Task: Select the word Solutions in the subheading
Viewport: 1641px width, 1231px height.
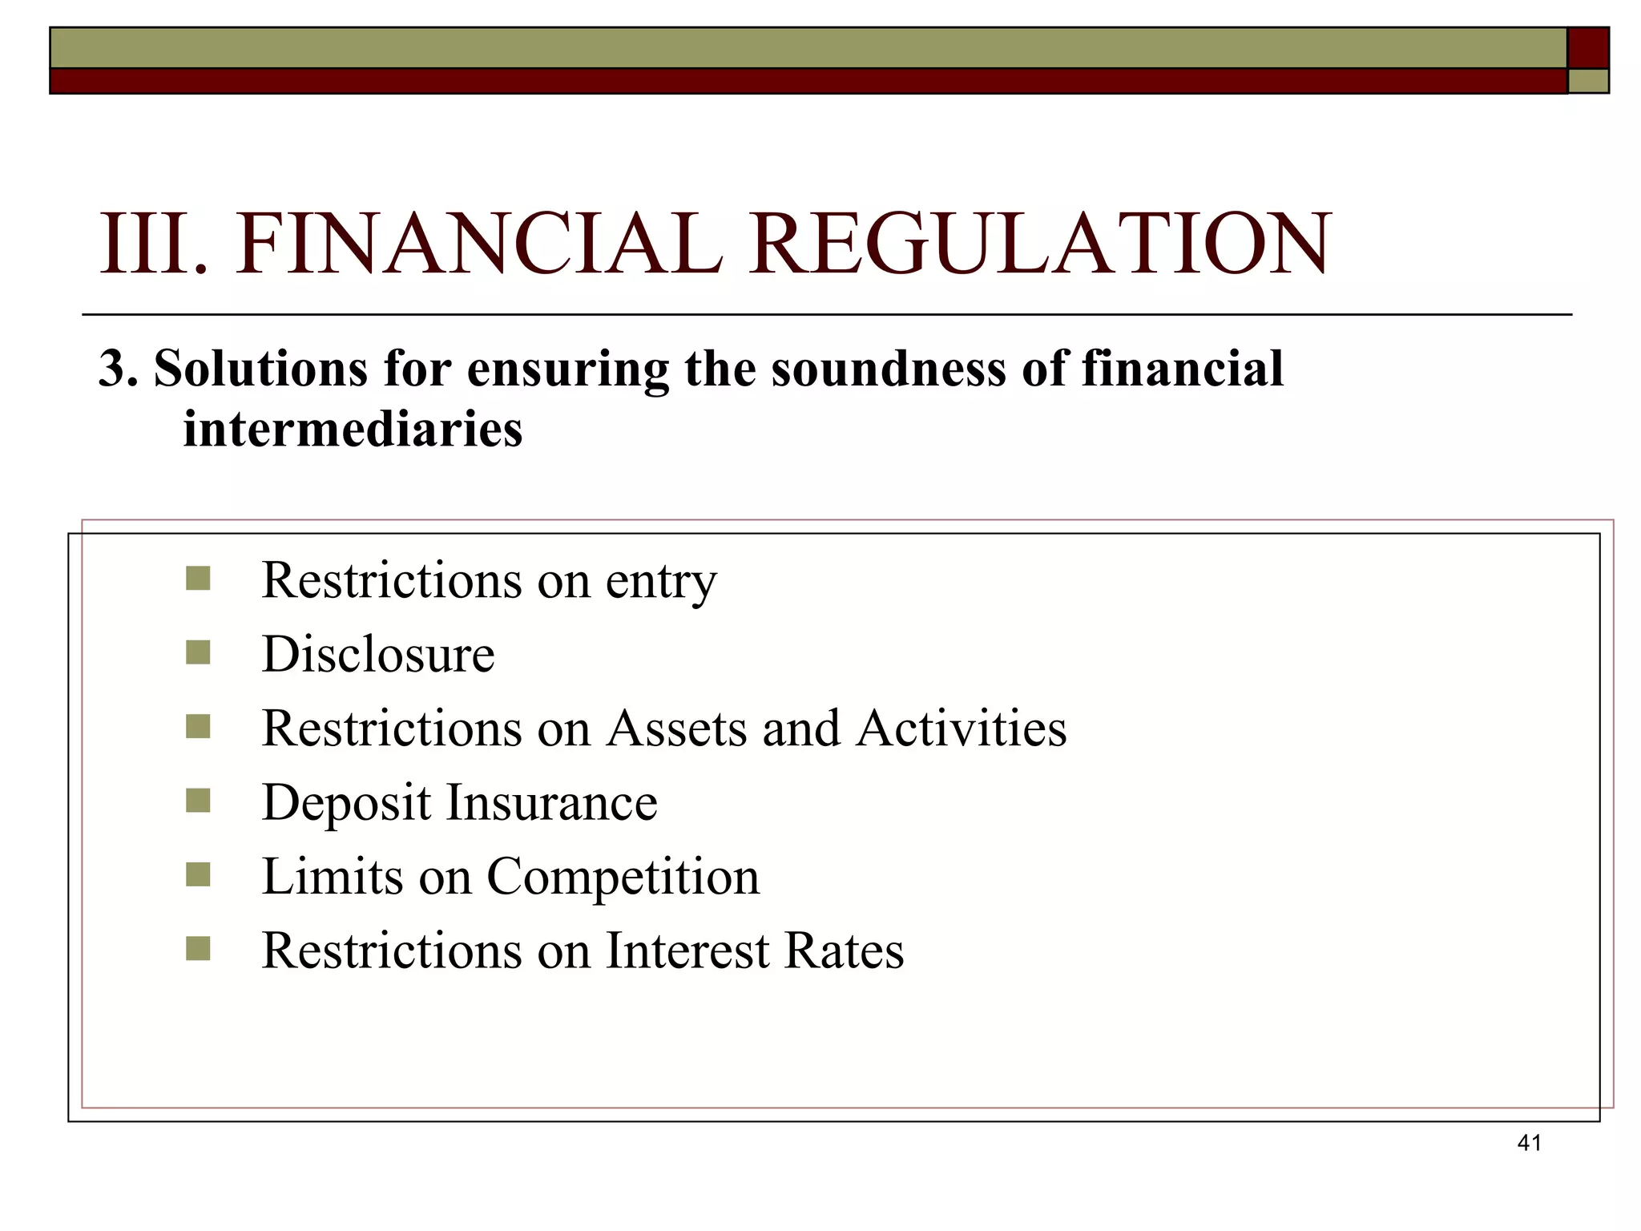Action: tap(261, 369)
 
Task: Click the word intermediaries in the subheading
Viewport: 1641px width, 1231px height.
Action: tap(353, 429)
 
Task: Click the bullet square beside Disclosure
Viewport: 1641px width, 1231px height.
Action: tap(198, 652)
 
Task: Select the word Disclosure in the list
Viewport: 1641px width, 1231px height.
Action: tap(378, 654)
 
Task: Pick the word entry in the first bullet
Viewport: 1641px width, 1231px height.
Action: tap(661, 582)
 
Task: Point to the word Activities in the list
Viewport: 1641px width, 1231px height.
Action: tap(962, 729)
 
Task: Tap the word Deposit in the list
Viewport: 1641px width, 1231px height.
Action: tap(346, 804)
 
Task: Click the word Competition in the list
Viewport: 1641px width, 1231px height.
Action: tap(623, 878)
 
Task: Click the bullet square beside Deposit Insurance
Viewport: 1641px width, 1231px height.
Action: tap(198, 801)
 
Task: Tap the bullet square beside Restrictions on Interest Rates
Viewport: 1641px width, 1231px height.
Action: tap(198, 949)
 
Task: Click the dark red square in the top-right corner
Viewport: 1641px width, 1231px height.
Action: tap(1587, 48)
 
